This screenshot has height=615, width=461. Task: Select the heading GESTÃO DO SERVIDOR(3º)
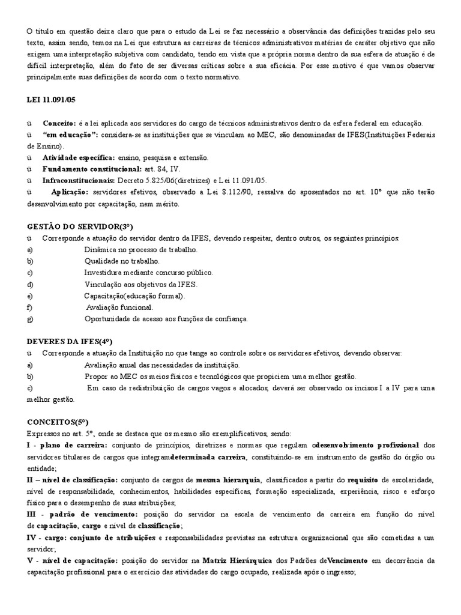tap(80, 227)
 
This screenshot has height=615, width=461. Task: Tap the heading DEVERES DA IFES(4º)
tap(70, 342)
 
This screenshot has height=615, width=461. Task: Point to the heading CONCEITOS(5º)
tap(58, 422)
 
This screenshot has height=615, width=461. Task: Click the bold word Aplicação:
tap(70, 192)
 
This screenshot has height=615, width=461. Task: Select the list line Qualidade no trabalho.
tap(122, 261)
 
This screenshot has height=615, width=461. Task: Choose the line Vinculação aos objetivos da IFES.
tap(141, 284)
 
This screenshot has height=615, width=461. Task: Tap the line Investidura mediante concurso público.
tap(148, 273)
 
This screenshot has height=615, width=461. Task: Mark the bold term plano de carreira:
tap(74, 445)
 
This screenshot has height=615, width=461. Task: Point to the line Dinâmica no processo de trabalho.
tap(140, 250)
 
